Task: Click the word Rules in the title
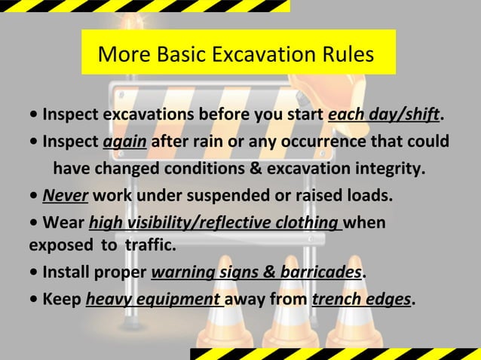(x=346, y=56)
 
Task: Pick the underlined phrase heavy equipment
(x=154, y=299)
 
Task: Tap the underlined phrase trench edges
(x=362, y=299)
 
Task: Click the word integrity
(x=389, y=168)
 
